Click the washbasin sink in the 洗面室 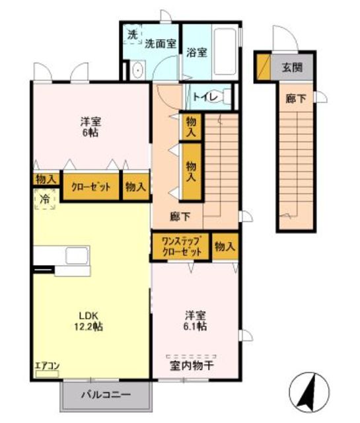tap(138, 70)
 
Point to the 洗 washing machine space tap(132, 34)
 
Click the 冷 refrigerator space tap(44, 199)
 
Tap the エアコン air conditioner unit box tap(47, 373)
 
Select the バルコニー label tap(106, 395)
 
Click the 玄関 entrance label tap(293, 67)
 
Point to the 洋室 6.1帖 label tap(196, 321)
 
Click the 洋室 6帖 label tap(90, 127)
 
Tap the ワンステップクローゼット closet tap(181, 246)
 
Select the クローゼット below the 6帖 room tap(91, 186)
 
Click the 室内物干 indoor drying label tap(192, 365)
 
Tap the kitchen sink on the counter tap(77, 256)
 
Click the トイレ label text tap(205, 97)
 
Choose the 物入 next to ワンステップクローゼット tap(225, 246)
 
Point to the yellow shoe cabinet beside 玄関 tap(263, 67)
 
